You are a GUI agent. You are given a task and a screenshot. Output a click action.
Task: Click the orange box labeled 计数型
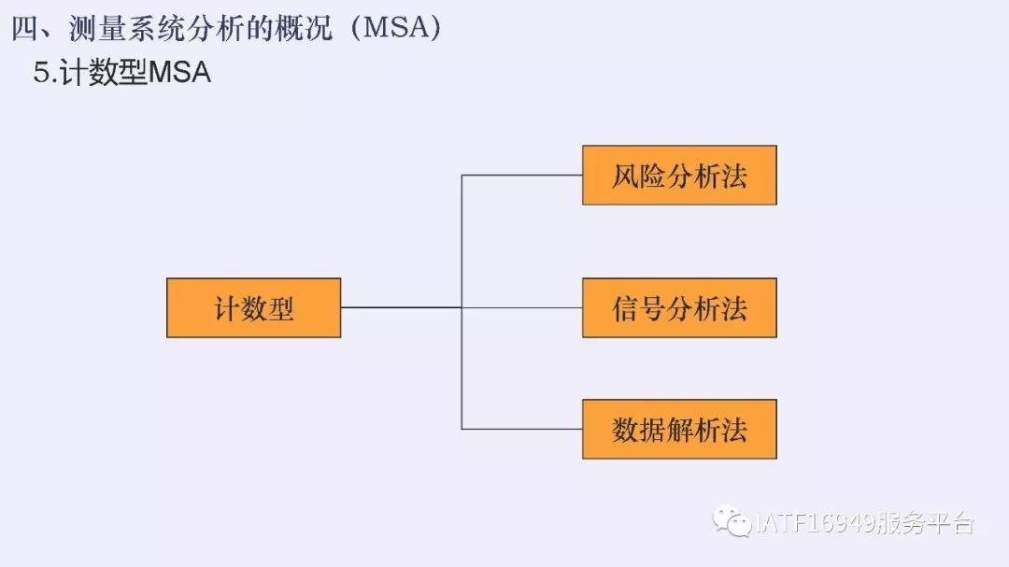[x=253, y=307]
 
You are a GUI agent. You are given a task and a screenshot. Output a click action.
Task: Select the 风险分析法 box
[x=679, y=175]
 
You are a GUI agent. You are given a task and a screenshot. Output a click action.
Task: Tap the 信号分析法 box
[x=679, y=307]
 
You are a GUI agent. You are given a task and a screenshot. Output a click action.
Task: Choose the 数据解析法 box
[x=679, y=429]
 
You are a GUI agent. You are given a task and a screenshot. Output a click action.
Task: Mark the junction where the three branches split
[x=462, y=307]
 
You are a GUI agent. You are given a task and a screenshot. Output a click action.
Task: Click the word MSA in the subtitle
[x=179, y=73]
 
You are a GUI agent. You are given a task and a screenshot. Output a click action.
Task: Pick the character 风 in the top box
[x=624, y=176]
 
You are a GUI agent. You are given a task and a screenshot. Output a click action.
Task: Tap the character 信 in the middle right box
[x=624, y=308]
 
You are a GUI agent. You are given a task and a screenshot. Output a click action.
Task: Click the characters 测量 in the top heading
[x=96, y=29]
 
